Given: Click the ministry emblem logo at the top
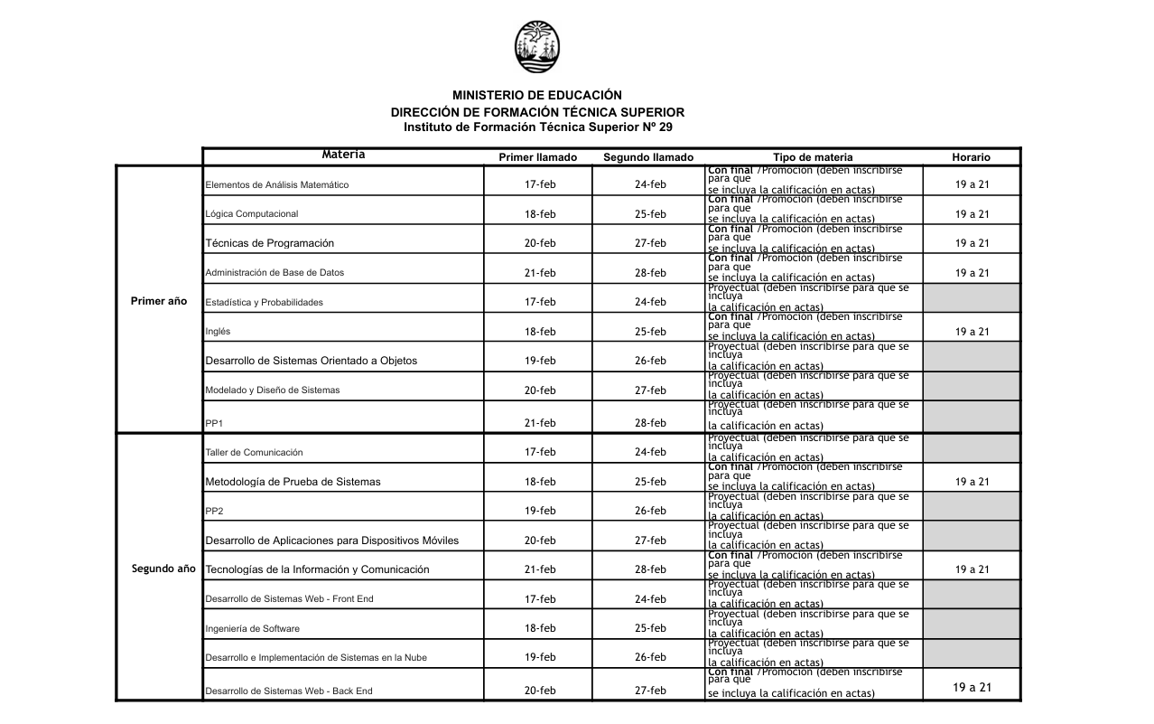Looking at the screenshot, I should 537,47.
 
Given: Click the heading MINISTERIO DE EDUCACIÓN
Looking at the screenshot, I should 537,95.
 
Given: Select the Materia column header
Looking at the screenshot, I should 343,155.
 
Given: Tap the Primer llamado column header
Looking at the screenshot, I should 538,157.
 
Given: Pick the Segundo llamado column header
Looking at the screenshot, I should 648,157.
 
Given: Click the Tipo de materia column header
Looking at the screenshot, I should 813,157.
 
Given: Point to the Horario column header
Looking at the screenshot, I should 972,157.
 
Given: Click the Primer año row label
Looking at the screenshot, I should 159,301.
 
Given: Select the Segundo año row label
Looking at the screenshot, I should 163,569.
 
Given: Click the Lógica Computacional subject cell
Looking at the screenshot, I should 252,214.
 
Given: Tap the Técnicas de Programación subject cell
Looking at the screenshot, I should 270,243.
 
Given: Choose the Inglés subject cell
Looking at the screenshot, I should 218,332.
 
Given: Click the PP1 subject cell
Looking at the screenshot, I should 214,423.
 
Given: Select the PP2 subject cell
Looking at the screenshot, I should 214,512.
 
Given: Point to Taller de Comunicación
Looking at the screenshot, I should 255,452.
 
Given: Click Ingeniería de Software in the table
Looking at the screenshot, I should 253,628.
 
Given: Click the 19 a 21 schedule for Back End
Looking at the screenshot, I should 972,688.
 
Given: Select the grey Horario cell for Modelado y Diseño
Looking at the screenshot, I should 972,387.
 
